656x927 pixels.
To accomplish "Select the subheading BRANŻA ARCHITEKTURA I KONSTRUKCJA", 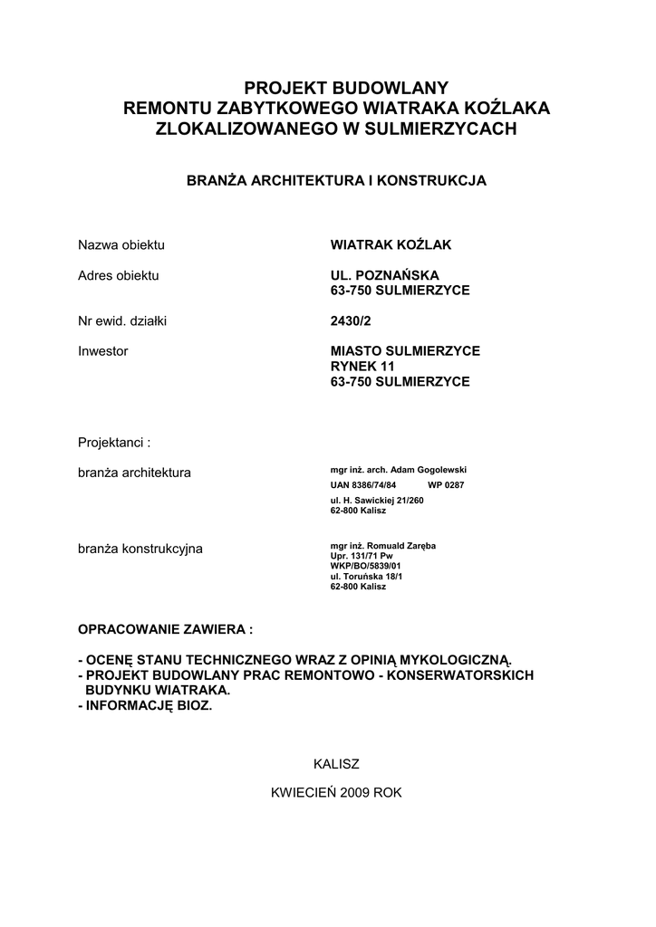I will (336, 181).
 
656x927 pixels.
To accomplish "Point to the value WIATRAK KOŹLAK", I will (391, 245).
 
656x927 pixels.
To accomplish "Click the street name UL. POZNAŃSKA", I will (388, 275).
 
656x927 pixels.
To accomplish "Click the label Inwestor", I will (103, 350).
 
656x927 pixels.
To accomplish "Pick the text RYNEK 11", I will (363, 367).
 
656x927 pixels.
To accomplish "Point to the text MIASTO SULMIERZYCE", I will (405, 350).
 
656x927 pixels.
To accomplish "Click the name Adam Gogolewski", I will (428, 470).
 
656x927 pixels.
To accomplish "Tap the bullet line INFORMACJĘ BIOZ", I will (149, 705).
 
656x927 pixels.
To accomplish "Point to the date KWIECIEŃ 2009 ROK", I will (336, 792).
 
